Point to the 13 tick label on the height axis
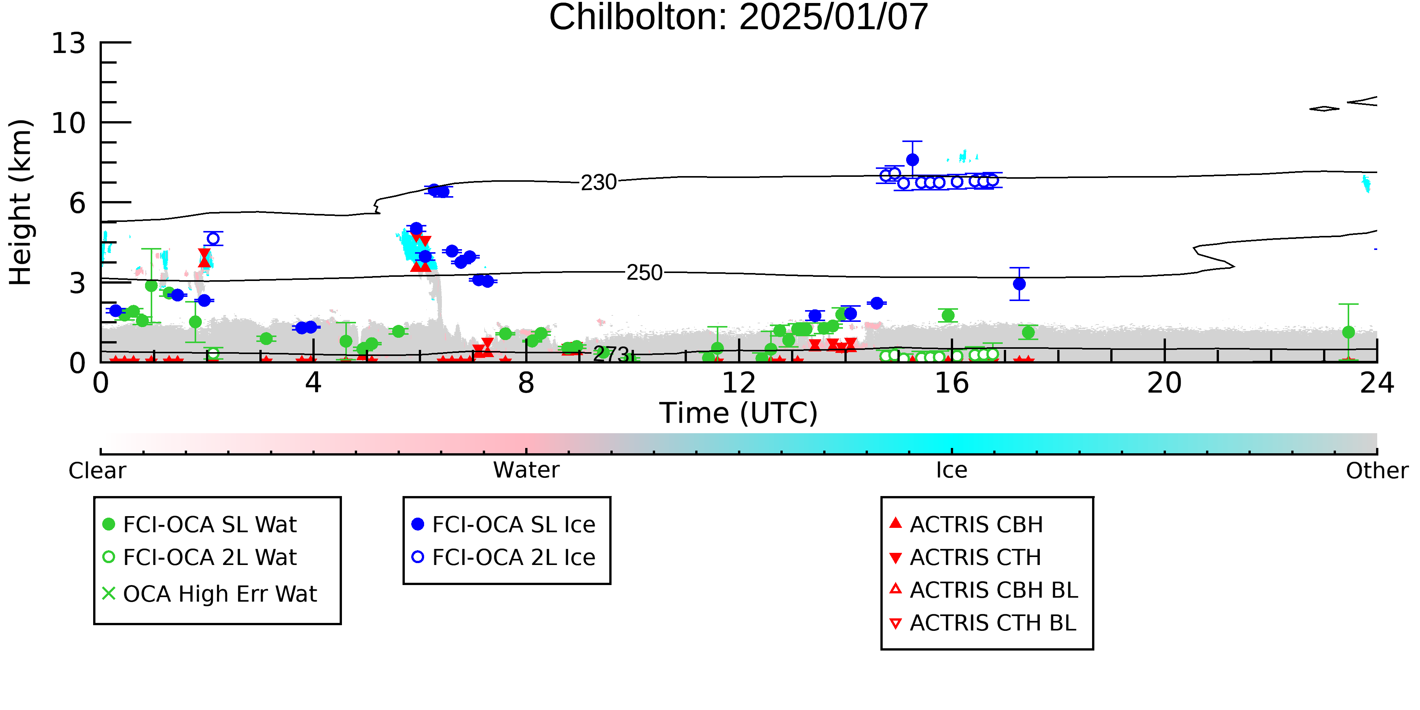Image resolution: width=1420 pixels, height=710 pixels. click(x=69, y=43)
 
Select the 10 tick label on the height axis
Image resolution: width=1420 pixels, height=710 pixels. click(x=69, y=123)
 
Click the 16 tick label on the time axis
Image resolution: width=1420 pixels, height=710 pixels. click(x=952, y=383)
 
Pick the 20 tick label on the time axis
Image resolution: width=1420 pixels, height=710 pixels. click(x=1164, y=383)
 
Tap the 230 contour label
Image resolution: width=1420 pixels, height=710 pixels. click(x=599, y=183)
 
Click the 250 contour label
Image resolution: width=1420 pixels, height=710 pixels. click(x=644, y=273)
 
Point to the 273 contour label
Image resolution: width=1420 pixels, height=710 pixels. click(x=610, y=354)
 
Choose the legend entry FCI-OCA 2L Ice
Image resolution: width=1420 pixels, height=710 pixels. click(x=504, y=557)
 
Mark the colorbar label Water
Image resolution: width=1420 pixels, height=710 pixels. click(x=526, y=470)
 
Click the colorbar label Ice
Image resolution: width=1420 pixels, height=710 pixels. click(x=952, y=470)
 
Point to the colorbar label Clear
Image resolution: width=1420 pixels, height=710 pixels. click(x=97, y=471)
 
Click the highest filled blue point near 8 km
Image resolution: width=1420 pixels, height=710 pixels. click(x=912, y=160)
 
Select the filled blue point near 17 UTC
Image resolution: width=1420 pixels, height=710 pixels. click(x=1019, y=284)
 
